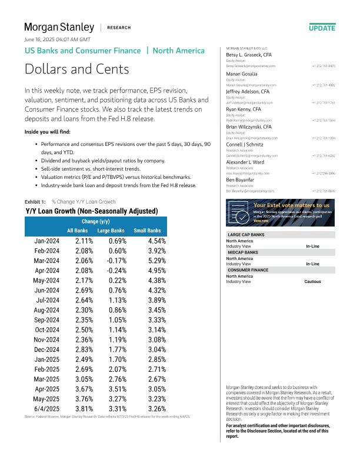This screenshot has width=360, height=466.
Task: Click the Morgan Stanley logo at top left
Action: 59,27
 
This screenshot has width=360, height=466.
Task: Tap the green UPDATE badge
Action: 322,28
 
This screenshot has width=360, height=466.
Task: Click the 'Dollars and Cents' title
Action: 76,69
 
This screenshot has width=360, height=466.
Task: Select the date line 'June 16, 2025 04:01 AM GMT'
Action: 57,39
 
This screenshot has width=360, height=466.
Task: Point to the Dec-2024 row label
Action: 46,349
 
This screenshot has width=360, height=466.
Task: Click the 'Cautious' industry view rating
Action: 312,281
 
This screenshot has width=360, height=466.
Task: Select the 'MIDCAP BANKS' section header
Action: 244,252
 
